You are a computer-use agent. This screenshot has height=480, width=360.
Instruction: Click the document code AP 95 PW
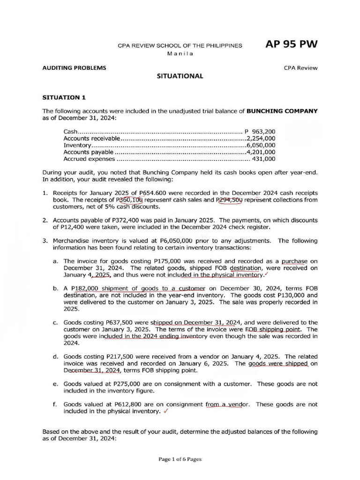291,45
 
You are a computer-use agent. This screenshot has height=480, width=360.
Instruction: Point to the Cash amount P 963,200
260,131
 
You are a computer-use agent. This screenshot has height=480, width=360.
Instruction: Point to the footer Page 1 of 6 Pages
180,459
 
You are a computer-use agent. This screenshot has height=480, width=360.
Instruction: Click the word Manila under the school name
180,53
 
